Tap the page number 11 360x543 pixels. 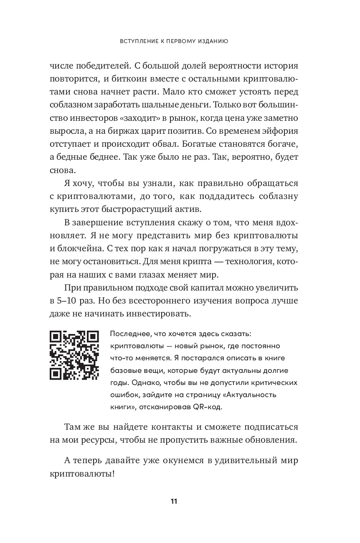(174, 502)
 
